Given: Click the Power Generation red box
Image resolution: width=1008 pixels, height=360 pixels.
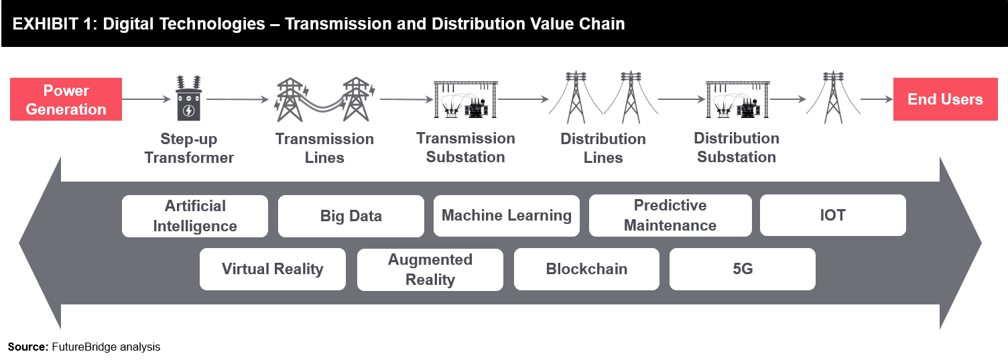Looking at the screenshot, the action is point(66,99).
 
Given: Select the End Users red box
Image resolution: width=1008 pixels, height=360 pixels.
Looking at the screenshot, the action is point(946,99).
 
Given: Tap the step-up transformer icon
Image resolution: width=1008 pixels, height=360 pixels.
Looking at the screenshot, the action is point(188,98).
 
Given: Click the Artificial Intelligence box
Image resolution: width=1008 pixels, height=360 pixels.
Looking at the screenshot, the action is point(195,216).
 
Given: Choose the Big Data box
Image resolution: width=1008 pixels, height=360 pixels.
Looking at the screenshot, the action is point(351,216).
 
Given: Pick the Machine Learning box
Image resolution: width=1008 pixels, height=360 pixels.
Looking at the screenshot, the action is point(506,216).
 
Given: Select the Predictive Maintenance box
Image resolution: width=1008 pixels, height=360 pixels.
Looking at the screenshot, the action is point(670,216).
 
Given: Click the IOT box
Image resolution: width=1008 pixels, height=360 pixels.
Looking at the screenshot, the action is point(833,215).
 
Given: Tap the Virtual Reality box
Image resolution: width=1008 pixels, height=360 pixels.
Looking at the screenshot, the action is point(273,269).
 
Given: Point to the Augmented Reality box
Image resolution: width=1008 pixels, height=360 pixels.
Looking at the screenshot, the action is point(430,269).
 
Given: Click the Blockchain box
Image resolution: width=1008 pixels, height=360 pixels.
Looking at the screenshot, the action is point(587,269).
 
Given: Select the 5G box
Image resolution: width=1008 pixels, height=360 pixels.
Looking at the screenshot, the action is point(743,269).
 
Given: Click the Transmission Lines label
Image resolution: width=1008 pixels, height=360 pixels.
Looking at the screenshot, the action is point(324,148).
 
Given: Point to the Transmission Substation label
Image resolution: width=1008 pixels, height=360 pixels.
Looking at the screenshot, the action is point(466,147).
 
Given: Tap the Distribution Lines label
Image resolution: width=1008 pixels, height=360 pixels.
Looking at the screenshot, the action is point(603,148).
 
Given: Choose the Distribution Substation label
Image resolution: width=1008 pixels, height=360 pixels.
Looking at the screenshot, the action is point(737,147).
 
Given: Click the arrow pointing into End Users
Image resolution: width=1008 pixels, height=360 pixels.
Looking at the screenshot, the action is point(877,99).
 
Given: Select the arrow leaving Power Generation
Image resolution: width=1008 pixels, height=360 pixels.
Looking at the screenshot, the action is point(146,99).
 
